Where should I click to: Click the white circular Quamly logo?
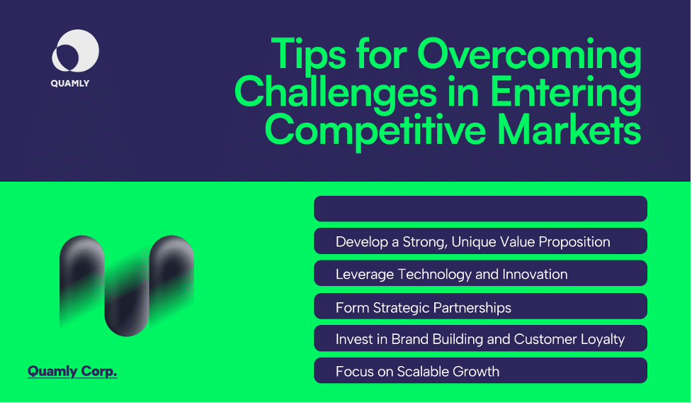pos(76,51)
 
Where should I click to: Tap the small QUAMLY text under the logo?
pos(69,84)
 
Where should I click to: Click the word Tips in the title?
pos(309,54)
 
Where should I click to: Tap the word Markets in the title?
pos(569,130)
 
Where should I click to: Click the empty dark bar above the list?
pos(481,209)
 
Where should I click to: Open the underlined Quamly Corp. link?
pos(72,372)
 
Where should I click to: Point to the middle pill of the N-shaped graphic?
pos(127,296)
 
